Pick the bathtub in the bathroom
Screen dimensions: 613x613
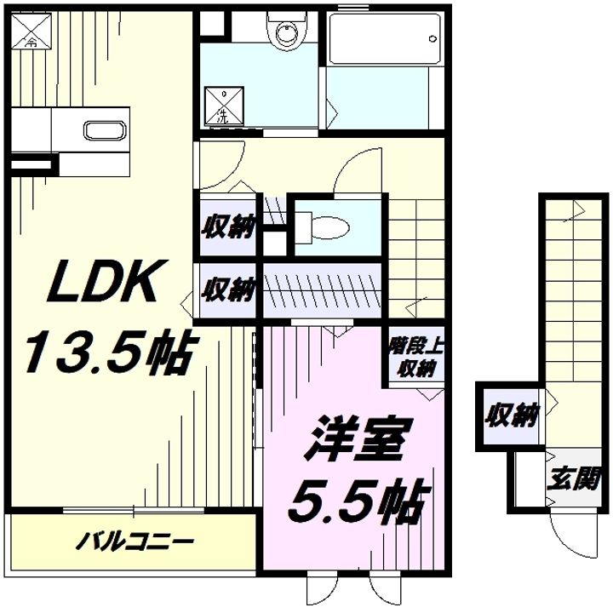coord(385,39)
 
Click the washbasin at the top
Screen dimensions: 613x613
coord(288,31)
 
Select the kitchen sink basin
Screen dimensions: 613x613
coord(106,130)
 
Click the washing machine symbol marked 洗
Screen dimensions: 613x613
coord(224,106)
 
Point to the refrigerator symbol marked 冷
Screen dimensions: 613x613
coord(32,32)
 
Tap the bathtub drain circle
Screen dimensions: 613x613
coord(432,38)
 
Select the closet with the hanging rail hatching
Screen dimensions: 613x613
coord(322,291)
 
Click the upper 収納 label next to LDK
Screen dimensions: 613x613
coord(228,226)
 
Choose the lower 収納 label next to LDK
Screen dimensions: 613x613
coord(228,289)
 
